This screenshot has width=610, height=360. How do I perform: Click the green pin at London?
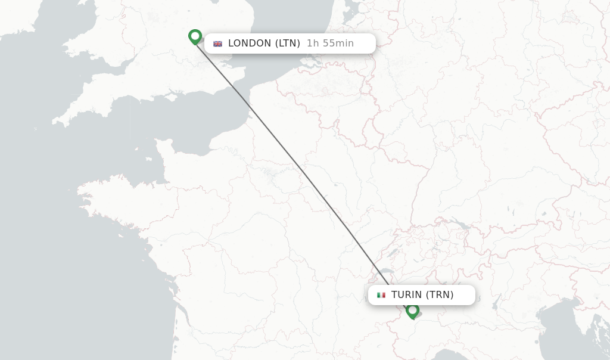pyautogui.click(x=195, y=36)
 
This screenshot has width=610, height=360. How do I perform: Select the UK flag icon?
pyautogui.click(x=217, y=44)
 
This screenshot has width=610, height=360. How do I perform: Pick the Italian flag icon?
pyautogui.click(x=381, y=295)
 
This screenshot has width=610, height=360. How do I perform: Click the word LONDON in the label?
pyautogui.click(x=250, y=44)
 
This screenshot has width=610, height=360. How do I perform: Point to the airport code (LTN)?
pyautogui.click(x=288, y=44)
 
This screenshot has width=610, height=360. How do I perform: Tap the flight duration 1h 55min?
pyautogui.click(x=330, y=44)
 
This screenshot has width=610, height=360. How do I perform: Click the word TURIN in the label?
pyautogui.click(x=407, y=295)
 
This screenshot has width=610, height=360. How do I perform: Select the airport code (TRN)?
pyautogui.click(x=440, y=295)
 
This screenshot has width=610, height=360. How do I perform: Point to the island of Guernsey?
pyautogui.click(x=148, y=133)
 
